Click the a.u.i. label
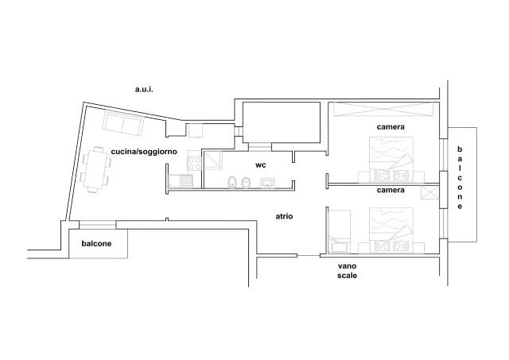(x=144, y=89)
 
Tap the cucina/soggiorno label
(x=144, y=152)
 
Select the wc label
(x=260, y=165)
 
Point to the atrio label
(x=284, y=216)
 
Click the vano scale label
(x=347, y=271)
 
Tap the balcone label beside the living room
(x=96, y=243)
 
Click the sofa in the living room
(x=123, y=123)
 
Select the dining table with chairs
(x=95, y=170)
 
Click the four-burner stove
(x=194, y=163)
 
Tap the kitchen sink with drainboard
(x=181, y=181)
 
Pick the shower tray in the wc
(x=213, y=161)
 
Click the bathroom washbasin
(x=268, y=183)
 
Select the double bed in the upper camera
(x=391, y=160)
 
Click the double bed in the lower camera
(x=391, y=230)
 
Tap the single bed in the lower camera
(x=340, y=231)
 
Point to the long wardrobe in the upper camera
(x=383, y=109)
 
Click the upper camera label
(x=390, y=127)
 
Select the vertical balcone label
(x=460, y=178)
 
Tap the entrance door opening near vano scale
(x=309, y=256)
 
